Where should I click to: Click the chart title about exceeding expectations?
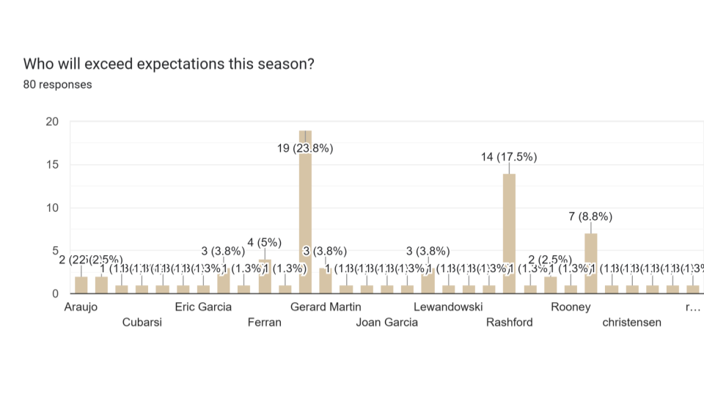point(169,64)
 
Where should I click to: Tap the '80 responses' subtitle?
point(58,84)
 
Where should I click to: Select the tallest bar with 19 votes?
point(305,213)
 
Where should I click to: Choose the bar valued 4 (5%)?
point(265,276)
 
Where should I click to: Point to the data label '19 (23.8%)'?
point(305,148)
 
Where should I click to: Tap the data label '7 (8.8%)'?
point(591,216)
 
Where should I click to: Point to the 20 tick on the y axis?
point(51,122)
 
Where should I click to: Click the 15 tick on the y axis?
point(51,165)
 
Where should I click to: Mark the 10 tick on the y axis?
point(51,208)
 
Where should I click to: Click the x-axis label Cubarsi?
point(142,322)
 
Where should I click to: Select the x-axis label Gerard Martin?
point(326,307)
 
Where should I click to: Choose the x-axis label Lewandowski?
point(448,307)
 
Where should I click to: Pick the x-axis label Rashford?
point(510,322)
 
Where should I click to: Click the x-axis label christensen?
point(632,322)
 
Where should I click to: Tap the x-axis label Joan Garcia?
point(387,322)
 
